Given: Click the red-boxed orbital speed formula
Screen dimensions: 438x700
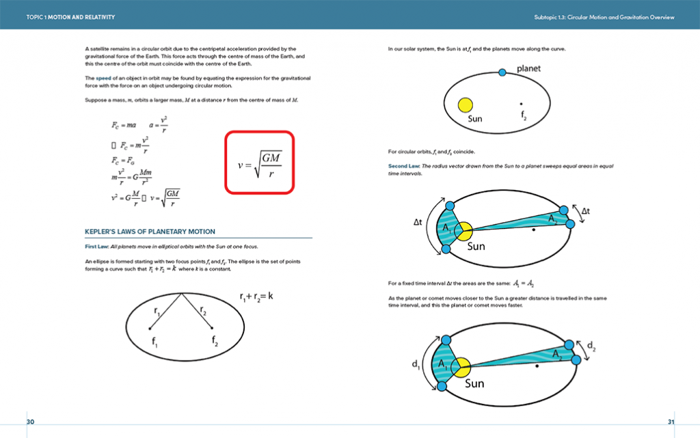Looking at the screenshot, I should [x=260, y=163].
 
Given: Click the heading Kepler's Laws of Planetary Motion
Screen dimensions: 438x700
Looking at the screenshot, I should [x=150, y=232].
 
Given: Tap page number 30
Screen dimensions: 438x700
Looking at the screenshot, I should [x=30, y=422].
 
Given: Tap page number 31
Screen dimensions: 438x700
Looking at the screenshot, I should [x=671, y=422].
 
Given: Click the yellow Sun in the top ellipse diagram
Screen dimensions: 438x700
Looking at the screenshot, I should [x=466, y=105].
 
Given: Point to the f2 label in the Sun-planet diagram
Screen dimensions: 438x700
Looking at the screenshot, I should [x=523, y=117].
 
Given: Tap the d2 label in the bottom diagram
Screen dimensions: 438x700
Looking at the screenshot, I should [x=591, y=348].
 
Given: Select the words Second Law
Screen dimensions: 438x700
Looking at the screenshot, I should [x=403, y=166].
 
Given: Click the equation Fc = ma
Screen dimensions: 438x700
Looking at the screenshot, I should [x=124, y=125].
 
